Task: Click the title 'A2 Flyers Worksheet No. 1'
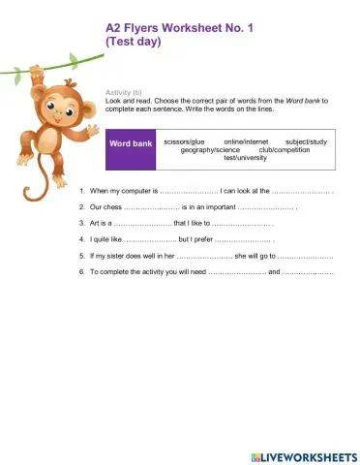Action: pos(179,29)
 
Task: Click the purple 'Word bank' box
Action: pos(131,143)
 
